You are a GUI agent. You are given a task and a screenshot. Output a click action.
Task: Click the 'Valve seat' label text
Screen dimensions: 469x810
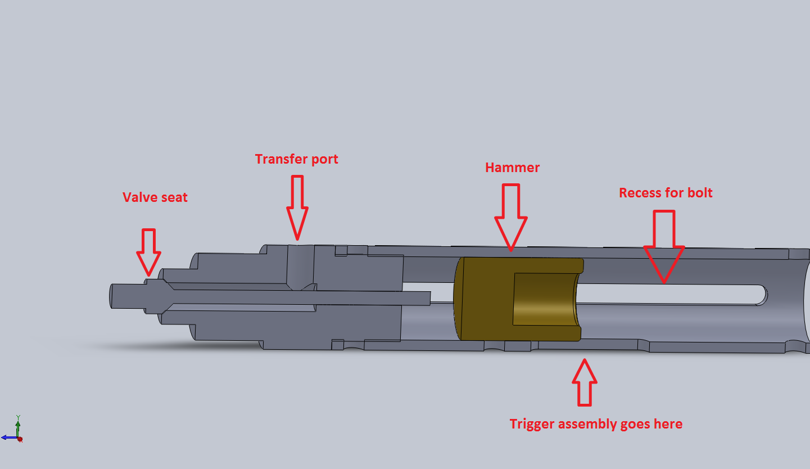click(155, 197)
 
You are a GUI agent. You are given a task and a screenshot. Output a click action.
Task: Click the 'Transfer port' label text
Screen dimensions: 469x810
click(297, 159)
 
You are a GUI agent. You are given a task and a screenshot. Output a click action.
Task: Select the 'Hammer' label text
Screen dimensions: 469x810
click(512, 168)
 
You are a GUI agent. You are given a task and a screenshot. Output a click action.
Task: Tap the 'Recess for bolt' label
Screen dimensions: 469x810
click(666, 193)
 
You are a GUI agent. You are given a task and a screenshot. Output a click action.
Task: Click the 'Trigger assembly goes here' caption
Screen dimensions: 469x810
click(596, 424)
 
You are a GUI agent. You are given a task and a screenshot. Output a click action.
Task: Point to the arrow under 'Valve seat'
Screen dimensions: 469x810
click(149, 251)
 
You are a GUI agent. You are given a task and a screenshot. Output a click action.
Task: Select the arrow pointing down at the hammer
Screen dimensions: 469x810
click(511, 217)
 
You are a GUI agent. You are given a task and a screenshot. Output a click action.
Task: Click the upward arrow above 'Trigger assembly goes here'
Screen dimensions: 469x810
click(585, 382)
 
